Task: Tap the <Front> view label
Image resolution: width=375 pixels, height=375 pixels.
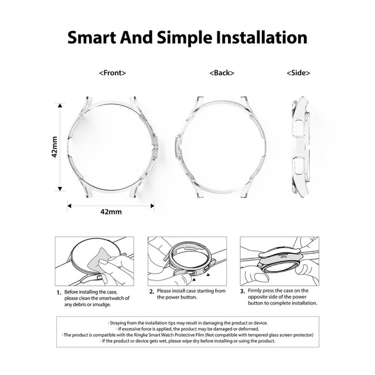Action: pyautogui.click(x=112, y=73)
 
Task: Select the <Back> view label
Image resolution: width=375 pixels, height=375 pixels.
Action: pyautogui.click(x=221, y=73)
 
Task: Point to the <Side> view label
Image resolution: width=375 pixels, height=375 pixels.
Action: pyautogui.click(x=298, y=73)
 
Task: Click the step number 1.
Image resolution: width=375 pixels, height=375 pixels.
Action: pyautogui.click(x=59, y=292)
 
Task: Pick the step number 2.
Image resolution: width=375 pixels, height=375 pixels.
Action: pyautogui.click(x=151, y=291)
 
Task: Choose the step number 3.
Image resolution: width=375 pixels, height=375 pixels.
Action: pyautogui.click(x=243, y=291)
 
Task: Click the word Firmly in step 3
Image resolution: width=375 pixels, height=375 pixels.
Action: pyautogui.click(x=256, y=291)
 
